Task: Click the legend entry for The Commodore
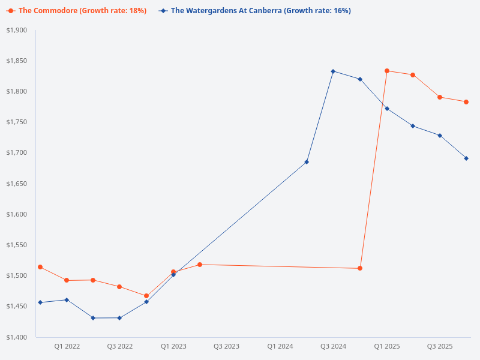coord(77,11)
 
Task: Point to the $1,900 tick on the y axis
coord(17,30)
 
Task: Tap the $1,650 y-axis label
coord(17,184)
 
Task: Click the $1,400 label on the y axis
coord(17,337)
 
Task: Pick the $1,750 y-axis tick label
coord(17,122)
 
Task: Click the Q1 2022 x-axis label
coord(67,346)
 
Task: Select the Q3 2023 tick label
coord(226,346)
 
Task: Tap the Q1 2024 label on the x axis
coord(280,346)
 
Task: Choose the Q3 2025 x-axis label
coord(439,346)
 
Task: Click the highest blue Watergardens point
coord(333,71)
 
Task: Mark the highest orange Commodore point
coord(387,71)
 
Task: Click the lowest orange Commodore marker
coord(146,296)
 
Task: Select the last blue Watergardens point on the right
coord(466,158)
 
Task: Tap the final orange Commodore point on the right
coord(466,102)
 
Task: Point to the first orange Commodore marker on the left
coord(40,267)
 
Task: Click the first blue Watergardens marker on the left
coord(40,302)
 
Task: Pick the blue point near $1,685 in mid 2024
coord(307,162)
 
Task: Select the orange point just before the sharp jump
coord(360,268)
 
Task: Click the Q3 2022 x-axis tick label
coord(120,346)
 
